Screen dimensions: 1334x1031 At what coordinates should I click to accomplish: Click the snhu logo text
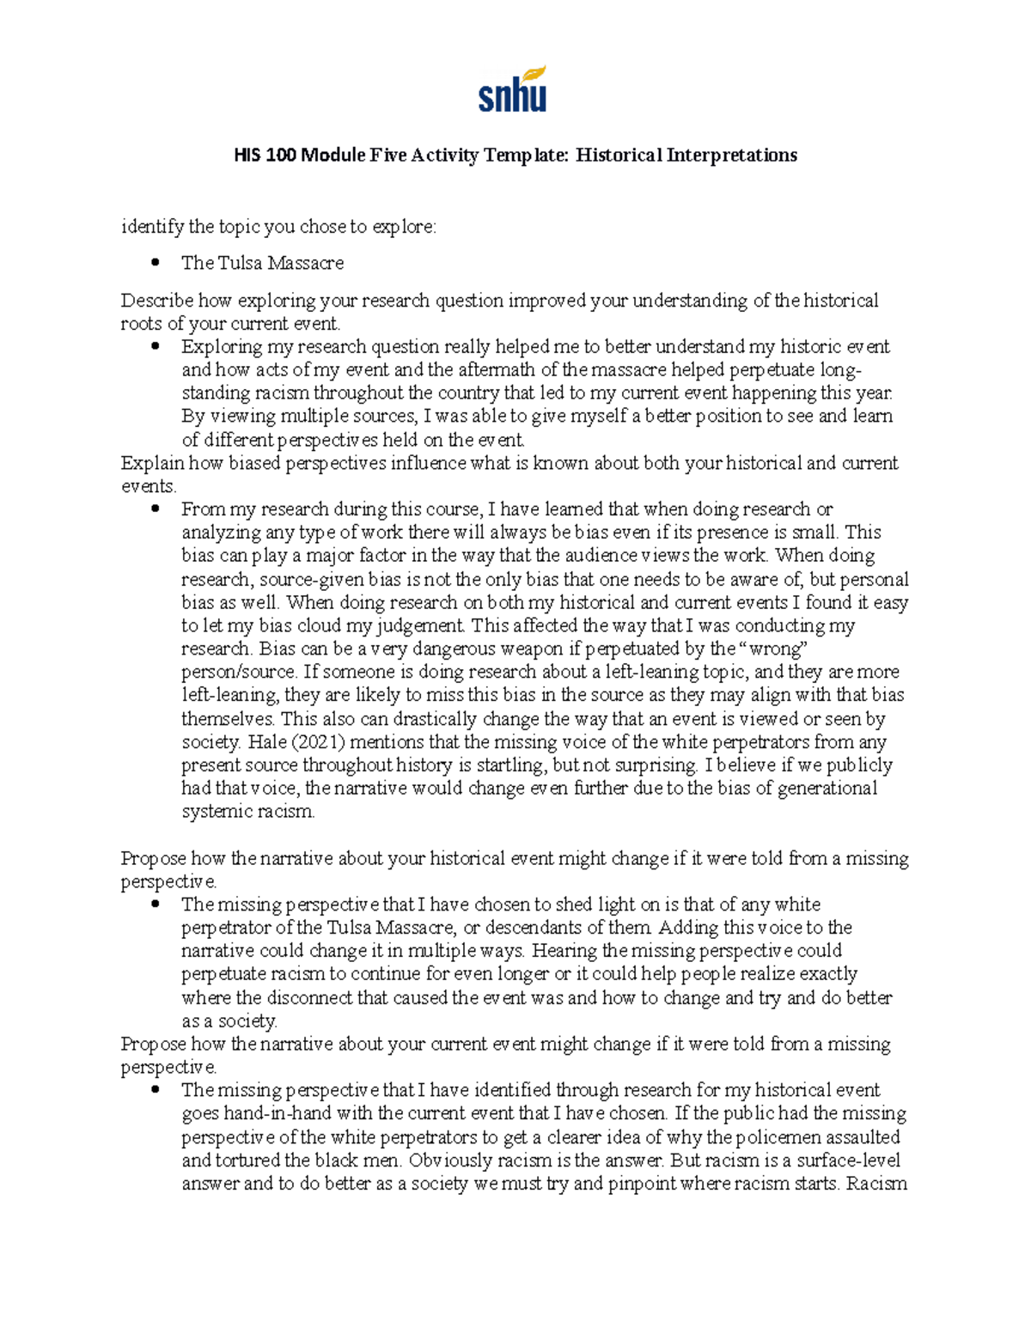pyautogui.click(x=512, y=96)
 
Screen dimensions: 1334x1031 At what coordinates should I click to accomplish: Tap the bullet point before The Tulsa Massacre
pyautogui.click(x=156, y=263)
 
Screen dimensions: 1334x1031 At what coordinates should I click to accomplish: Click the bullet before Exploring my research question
pyautogui.click(x=156, y=346)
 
